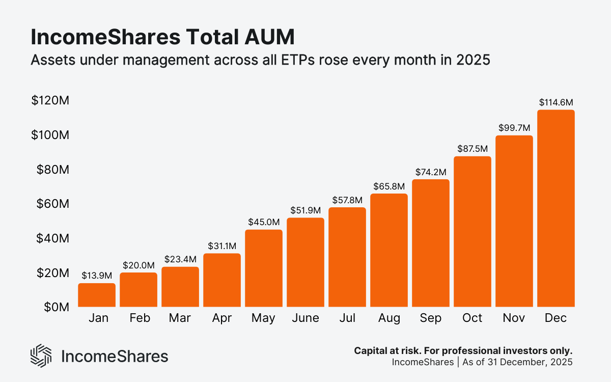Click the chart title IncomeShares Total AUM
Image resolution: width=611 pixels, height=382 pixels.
[162, 38]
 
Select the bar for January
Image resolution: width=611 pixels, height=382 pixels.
[97, 295]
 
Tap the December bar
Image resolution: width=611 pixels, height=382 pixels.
[556, 209]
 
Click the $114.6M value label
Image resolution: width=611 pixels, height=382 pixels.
[556, 102]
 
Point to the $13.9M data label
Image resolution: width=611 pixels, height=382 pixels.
[97, 276]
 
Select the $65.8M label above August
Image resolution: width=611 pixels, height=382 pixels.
[389, 186]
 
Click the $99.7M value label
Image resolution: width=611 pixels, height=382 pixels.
[514, 127]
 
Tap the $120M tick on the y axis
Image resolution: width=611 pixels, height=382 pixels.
[50, 101]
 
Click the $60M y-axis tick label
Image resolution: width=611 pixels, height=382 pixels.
[52, 204]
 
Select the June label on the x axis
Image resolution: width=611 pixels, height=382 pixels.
[305, 318]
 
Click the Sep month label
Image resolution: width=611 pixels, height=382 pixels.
[431, 318]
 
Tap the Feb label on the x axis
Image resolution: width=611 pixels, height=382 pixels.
[139, 318]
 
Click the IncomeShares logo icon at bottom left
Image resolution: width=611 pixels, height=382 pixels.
[41, 356]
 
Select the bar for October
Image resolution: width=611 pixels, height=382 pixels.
[473, 232]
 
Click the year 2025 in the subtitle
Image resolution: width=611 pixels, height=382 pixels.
[474, 60]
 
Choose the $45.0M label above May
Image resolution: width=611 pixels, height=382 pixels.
[264, 222]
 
